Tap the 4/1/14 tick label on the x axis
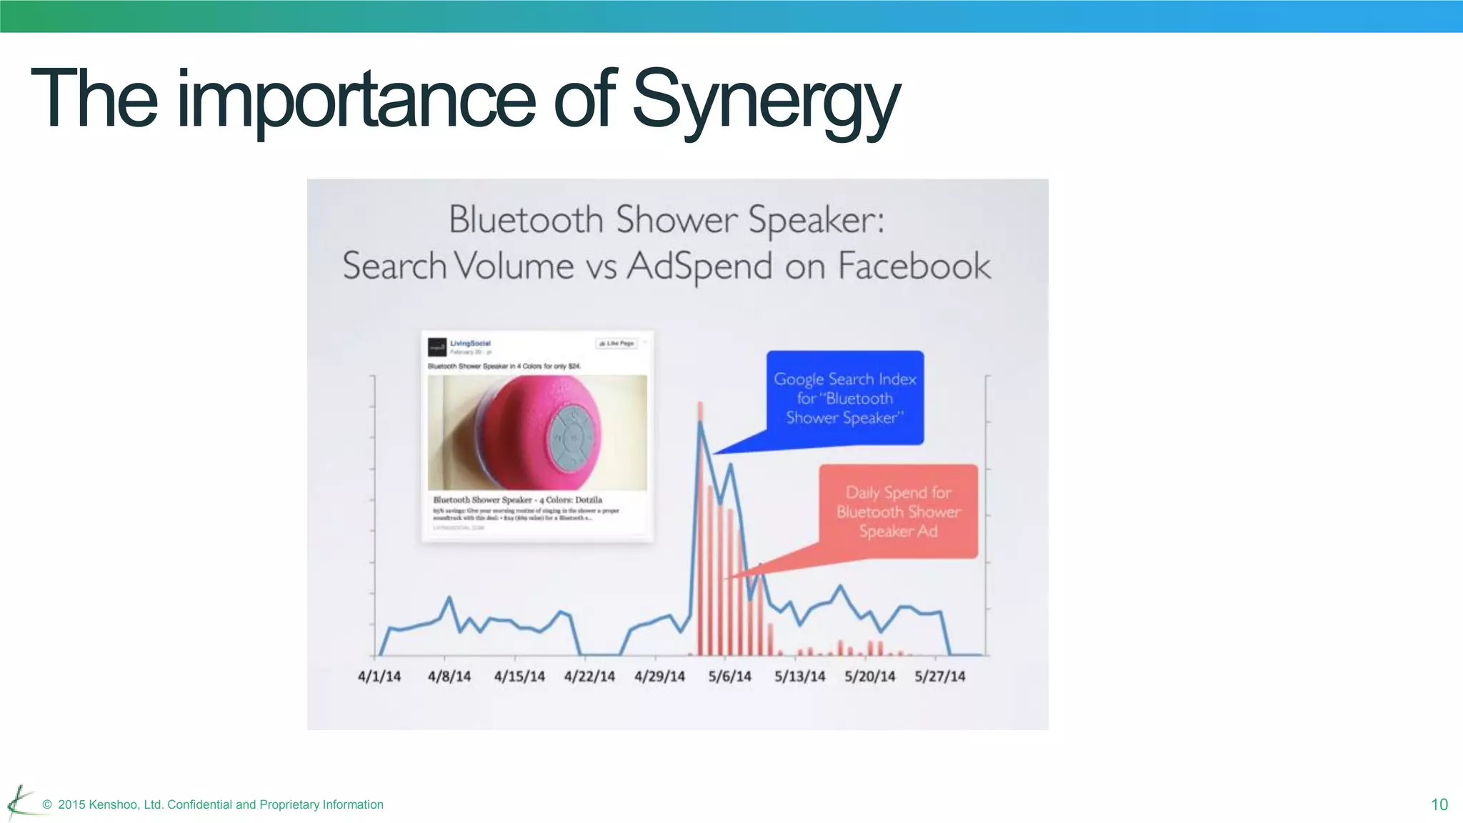pyautogui.click(x=379, y=677)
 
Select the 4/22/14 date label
pyautogui.click(x=589, y=677)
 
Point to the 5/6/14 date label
pyautogui.click(x=729, y=677)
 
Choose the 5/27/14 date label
pyautogui.click(x=939, y=677)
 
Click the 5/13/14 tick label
pyautogui.click(x=799, y=677)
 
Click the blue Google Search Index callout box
pyautogui.click(x=845, y=398)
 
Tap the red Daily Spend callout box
pyautogui.click(x=898, y=512)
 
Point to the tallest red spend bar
pyautogui.click(x=700, y=529)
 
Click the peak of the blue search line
pyautogui.click(x=700, y=423)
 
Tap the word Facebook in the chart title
pyautogui.click(x=914, y=266)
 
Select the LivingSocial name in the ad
pyautogui.click(x=470, y=344)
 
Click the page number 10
pyautogui.click(x=1439, y=805)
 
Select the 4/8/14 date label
pyautogui.click(x=449, y=677)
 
